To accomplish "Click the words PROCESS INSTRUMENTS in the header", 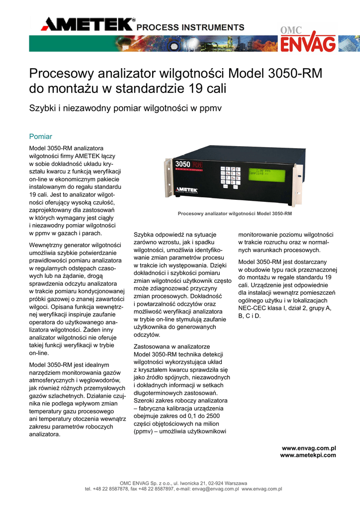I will click(191, 27).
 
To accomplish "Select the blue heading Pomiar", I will click(41, 136).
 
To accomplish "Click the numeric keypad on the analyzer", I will click(230, 177).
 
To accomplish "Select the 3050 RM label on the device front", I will click(187, 165).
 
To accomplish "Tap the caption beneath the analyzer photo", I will click(235, 214).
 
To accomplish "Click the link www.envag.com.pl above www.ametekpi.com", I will click(309, 449).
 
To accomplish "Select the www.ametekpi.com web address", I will click(308, 455).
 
